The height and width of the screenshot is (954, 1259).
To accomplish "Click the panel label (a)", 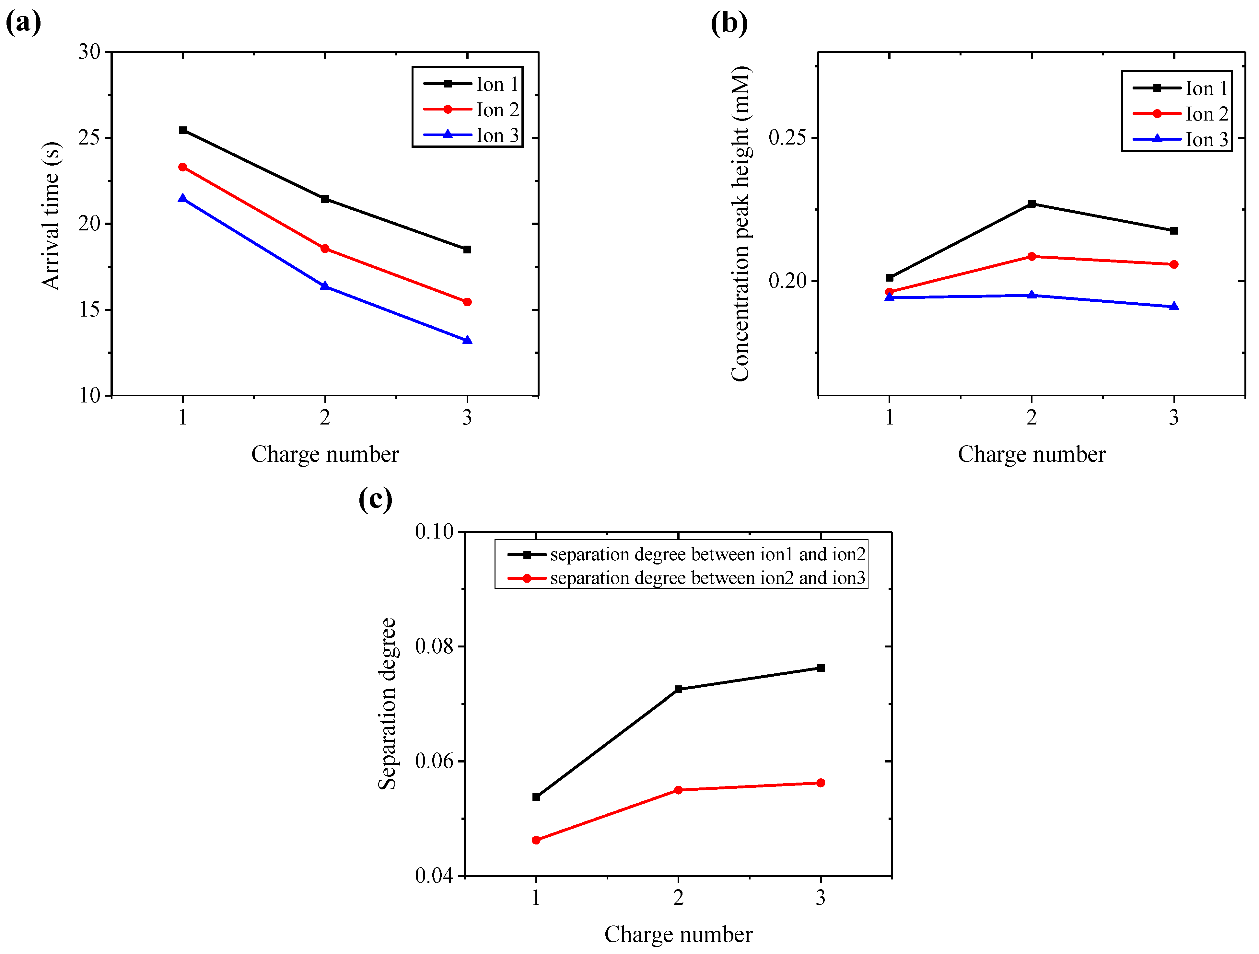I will pyautogui.click(x=23, y=23).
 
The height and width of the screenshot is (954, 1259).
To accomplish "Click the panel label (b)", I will pyautogui.click(x=729, y=23).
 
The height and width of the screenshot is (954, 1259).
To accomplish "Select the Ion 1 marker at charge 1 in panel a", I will pyautogui.click(x=183, y=130).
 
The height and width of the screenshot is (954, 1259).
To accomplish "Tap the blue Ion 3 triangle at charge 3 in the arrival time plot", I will pyautogui.click(x=467, y=340).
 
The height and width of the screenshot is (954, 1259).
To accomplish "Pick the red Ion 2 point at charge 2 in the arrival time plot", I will pyautogui.click(x=325, y=249).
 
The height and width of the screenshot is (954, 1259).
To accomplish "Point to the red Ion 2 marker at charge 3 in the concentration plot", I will pyautogui.click(x=1174, y=265).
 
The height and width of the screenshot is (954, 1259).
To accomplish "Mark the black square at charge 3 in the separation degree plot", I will pyautogui.click(x=821, y=668).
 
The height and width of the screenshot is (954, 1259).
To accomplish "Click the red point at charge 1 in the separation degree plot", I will pyautogui.click(x=536, y=840).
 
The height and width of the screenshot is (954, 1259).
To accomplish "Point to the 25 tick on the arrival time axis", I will pyautogui.click(x=89, y=138).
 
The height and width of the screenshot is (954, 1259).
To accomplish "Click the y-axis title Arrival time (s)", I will pyautogui.click(x=51, y=216).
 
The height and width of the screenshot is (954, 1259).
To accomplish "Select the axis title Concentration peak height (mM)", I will pyautogui.click(x=741, y=223).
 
